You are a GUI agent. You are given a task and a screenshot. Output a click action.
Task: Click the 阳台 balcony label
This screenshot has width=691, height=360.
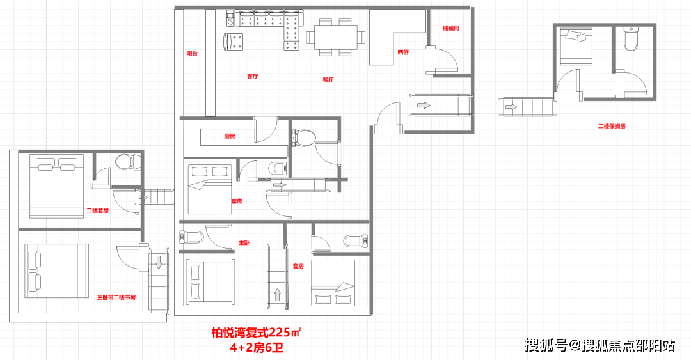pos(192,53)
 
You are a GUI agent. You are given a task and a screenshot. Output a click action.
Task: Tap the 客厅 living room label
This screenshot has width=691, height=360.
pos(253,76)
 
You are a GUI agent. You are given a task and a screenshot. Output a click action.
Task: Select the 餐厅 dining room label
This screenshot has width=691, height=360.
pos(328,80)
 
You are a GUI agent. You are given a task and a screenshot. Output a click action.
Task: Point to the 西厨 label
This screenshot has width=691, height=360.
pos(403,52)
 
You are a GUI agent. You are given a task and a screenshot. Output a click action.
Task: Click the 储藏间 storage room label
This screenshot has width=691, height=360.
pos(451,27)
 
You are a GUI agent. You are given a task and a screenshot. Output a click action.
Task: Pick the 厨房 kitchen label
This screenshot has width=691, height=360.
pos(230,136)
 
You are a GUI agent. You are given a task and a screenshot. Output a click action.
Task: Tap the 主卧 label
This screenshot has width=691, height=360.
pos(244,242)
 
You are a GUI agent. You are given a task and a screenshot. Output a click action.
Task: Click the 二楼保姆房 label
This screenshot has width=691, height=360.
pos(612,126)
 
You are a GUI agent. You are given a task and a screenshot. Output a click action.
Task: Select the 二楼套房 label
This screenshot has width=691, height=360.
pos(97,210)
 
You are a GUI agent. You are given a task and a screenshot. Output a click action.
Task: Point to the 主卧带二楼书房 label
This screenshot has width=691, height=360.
pos(116,297)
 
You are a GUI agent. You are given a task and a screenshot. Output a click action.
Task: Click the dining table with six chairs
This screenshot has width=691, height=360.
pos(337,37)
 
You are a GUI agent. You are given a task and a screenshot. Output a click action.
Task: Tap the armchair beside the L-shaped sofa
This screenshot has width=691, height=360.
pos(233,42)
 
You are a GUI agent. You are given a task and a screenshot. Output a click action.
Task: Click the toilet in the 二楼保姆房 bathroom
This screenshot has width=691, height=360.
pos(631,39)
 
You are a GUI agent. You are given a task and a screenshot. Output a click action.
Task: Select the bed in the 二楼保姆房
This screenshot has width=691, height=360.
pos(576,46)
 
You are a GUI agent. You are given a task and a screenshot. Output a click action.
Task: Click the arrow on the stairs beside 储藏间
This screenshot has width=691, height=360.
pos(424,106)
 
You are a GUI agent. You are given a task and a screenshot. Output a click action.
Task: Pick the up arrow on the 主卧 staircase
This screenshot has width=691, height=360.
pos(278,294)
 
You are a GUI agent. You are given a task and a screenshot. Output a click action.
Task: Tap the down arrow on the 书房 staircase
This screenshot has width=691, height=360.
pos(159,263)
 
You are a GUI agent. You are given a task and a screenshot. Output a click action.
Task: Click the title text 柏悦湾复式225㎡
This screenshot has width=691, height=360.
pos(257,333)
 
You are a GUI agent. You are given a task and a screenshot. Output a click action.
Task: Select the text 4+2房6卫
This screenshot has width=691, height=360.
pos(257,348)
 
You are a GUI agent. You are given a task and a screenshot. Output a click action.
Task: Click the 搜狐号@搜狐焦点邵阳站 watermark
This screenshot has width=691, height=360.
pos(600,345)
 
